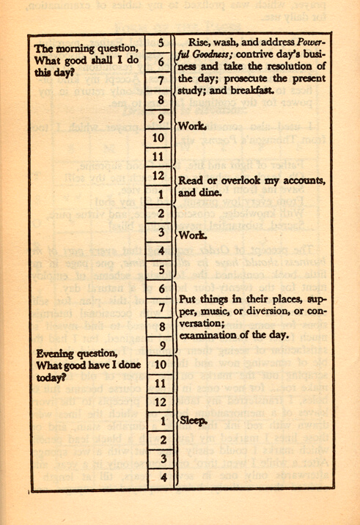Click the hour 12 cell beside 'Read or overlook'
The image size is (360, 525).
[160, 175]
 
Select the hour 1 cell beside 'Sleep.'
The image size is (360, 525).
[160, 422]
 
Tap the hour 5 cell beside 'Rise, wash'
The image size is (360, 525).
[160, 43]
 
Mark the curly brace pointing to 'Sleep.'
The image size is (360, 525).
[176, 422]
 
